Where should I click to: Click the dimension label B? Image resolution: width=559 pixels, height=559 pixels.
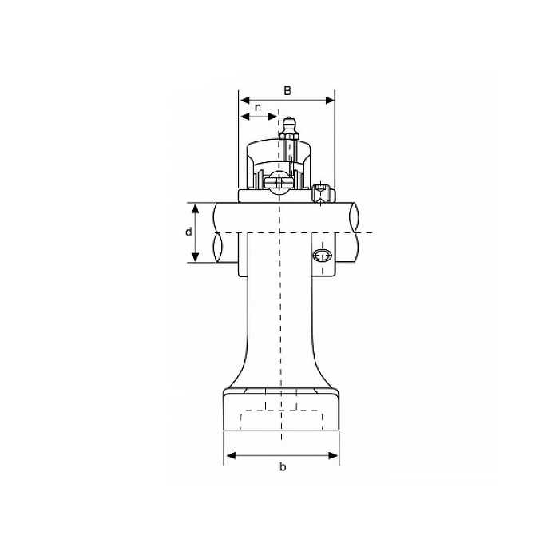tap(287, 90)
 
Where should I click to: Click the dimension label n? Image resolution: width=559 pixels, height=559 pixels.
tap(258, 107)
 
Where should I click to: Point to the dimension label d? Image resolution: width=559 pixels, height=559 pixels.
tap(188, 232)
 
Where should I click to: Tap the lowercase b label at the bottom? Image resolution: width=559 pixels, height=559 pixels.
tap(282, 468)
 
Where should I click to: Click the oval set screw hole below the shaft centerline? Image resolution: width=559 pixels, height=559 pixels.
tap(322, 256)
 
